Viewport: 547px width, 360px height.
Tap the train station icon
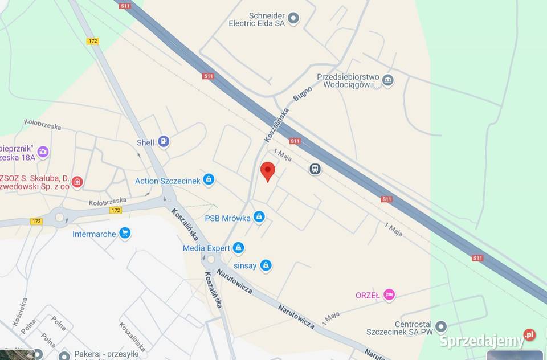315,169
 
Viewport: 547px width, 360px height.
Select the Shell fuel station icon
164,141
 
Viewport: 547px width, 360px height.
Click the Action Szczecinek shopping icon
209,180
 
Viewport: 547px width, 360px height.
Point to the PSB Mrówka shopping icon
259,216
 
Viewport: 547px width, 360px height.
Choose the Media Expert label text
206,248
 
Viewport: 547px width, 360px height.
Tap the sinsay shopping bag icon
266,265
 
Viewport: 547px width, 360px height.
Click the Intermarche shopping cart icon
125,233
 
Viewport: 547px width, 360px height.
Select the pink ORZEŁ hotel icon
389,294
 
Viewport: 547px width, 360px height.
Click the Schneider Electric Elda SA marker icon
293,19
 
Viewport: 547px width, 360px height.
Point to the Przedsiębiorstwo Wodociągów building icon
388,80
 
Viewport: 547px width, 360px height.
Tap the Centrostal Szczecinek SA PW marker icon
440,326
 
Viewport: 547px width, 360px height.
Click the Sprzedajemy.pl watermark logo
487,340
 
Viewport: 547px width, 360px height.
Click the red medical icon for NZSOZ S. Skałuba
77,182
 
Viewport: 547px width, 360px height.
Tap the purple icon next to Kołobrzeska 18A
43,152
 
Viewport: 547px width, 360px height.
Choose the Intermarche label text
94,234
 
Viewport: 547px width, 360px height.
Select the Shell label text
145,143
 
